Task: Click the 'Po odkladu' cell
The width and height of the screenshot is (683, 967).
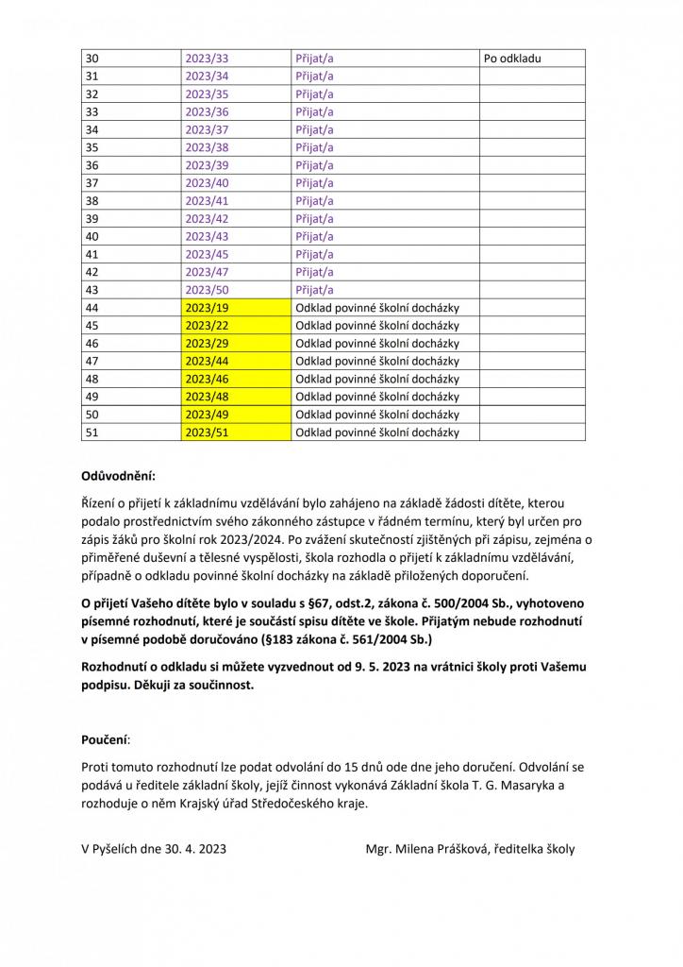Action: (512, 59)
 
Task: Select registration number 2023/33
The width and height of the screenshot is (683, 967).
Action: (207, 59)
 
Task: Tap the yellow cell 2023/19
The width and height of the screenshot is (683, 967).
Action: (207, 308)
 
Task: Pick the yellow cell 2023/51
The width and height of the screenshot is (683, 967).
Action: (207, 433)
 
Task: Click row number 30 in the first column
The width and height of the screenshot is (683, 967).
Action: (92, 59)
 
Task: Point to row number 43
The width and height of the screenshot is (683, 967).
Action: (92, 290)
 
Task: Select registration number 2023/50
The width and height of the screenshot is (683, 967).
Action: (207, 290)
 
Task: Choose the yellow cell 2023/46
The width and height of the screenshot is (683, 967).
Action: (207, 379)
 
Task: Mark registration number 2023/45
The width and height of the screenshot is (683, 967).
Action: (207, 254)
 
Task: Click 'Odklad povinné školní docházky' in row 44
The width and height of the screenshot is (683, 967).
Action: (377, 308)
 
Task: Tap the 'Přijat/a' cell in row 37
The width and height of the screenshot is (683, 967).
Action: (315, 183)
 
